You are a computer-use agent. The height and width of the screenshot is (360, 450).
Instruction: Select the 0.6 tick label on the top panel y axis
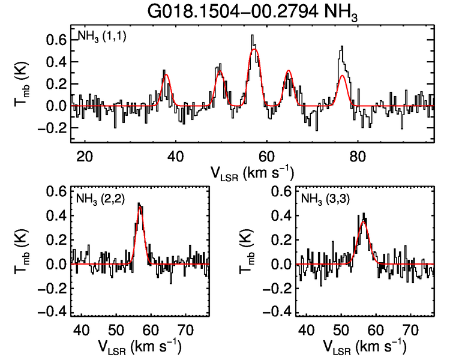[56, 40]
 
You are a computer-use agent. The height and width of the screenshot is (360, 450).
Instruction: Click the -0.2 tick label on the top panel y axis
[53, 128]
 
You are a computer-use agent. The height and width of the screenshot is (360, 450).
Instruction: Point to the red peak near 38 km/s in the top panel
[166, 74]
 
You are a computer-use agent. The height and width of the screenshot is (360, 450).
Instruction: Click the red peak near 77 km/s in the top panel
[342, 76]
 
